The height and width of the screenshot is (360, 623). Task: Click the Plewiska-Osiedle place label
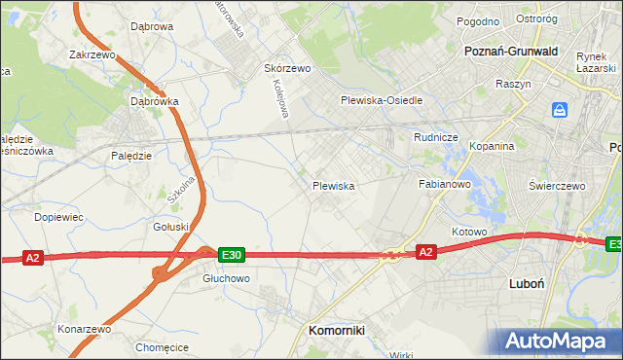[381, 100]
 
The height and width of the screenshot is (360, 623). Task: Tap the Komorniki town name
[336, 330]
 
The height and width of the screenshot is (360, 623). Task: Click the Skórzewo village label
[286, 69]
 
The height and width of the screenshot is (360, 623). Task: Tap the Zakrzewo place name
[92, 55]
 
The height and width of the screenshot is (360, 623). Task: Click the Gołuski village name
[171, 227]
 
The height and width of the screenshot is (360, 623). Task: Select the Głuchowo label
[226, 277]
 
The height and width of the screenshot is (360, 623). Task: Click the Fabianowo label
[445, 183]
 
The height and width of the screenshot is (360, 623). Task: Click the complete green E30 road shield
[231, 255]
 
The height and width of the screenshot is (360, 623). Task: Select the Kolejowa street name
[279, 98]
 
